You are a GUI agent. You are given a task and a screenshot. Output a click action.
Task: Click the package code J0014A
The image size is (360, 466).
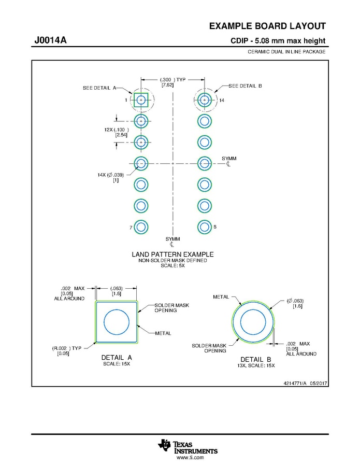point(50,40)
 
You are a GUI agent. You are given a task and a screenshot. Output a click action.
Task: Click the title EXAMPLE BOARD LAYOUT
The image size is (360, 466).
point(267,26)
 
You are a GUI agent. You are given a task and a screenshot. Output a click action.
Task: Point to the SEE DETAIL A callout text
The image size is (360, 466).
point(99,88)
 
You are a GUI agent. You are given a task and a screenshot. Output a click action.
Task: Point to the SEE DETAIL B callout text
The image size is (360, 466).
point(245,86)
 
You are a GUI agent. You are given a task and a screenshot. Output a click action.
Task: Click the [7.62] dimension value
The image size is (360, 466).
point(167,85)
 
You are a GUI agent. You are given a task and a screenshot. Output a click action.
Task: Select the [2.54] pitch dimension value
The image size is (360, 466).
point(121,135)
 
